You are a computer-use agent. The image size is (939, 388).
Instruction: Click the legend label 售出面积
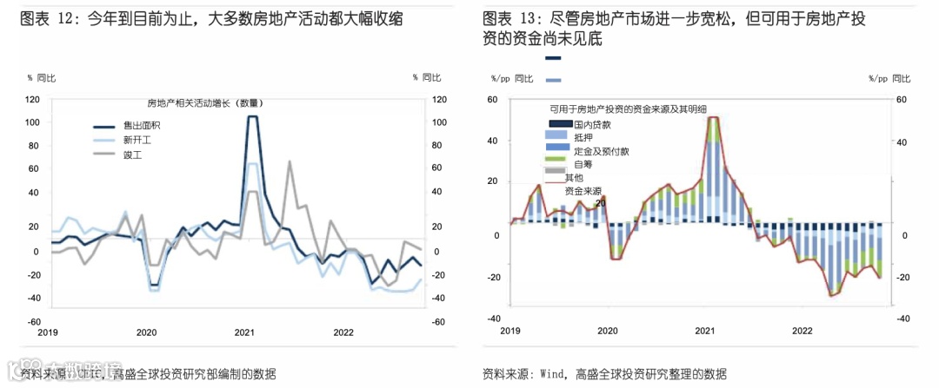point(141,126)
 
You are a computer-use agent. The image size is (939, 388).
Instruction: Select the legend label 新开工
point(136,140)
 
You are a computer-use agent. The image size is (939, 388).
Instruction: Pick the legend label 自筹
point(583,163)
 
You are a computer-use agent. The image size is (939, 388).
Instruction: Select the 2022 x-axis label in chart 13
point(801,331)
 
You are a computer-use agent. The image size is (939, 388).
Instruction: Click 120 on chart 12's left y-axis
point(32,100)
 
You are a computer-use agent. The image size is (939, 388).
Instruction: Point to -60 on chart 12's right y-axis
point(439,321)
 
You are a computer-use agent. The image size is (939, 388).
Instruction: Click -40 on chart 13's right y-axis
point(902,319)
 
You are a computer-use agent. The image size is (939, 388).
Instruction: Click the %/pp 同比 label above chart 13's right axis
point(889,78)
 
